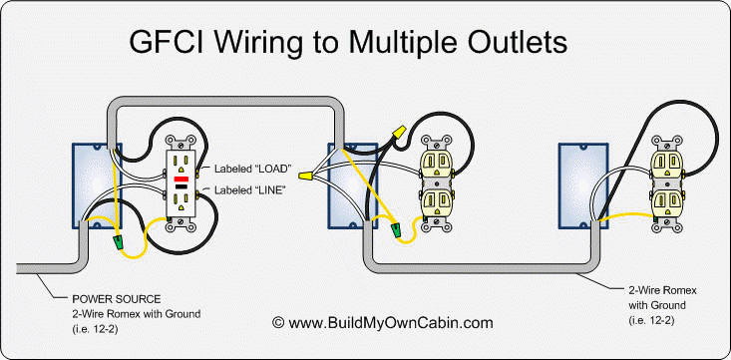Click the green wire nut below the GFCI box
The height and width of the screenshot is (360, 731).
coord(121,241)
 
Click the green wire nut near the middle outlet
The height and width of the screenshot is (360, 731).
coord(400,231)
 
